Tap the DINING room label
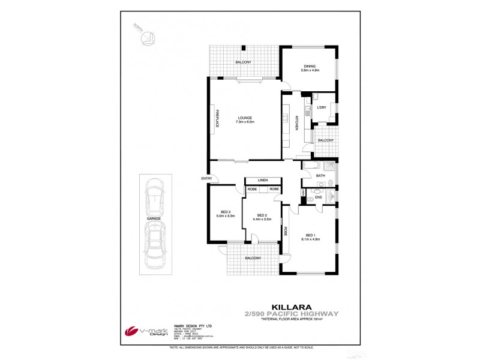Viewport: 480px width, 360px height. click(x=310, y=66)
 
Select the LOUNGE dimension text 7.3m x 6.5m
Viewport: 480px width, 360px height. click(x=245, y=122)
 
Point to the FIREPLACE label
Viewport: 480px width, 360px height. click(x=217, y=118)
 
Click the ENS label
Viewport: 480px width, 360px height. click(x=319, y=196)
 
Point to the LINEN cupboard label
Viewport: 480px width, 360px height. click(x=263, y=180)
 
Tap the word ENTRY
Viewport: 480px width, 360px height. click(x=206, y=178)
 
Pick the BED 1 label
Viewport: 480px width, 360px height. click(x=310, y=235)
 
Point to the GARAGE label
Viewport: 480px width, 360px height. click(x=154, y=219)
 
